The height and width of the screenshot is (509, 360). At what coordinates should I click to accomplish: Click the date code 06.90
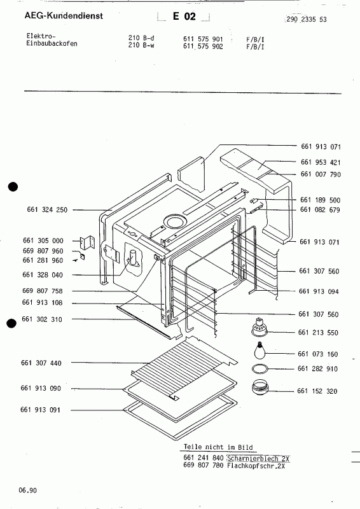[x=27, y=491]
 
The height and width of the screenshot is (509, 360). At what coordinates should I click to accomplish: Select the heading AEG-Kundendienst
[x=57, y=14]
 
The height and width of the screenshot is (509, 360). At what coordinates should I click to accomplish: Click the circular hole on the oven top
[x=172, y=221]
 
